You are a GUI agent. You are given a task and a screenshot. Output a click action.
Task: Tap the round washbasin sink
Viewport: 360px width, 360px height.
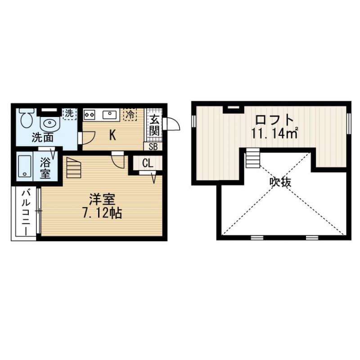coord(49,122)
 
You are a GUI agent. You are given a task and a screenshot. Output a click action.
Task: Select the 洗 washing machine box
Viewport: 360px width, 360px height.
coord(69,114)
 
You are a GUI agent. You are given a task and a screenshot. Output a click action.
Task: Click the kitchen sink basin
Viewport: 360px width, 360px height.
coord(109,115)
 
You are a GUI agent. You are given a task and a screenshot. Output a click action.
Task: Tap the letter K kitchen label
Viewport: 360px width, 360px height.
coord(112,135)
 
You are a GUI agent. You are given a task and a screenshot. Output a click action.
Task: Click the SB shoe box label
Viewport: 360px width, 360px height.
coord(153,146)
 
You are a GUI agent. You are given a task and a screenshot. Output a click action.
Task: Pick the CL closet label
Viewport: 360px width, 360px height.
coord(147,163)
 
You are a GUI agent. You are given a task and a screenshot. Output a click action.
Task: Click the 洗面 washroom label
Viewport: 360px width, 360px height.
coord(42,138)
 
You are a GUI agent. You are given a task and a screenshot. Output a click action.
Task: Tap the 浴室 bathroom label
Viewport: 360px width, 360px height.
coord(45,167)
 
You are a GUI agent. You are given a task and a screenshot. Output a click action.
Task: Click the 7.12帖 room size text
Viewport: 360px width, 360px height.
coord(102,213)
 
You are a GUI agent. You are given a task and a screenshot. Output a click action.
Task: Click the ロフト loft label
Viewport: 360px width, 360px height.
coord(274,120)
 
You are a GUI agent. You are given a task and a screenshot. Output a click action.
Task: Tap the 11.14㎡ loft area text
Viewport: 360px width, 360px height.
coord(274,133)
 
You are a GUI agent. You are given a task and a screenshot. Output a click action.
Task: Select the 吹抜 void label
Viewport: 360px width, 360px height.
coord(280,182)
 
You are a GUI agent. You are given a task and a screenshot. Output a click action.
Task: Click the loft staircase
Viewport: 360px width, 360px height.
coord(253,159)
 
